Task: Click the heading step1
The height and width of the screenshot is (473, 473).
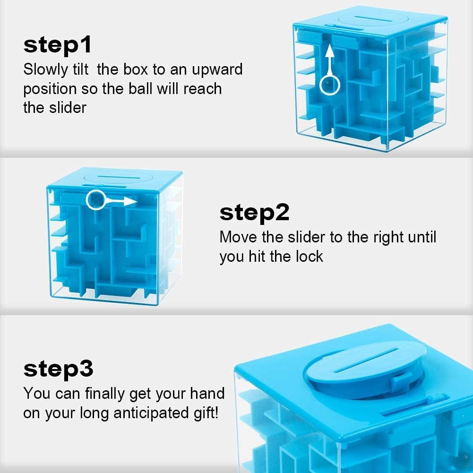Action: [57, 45]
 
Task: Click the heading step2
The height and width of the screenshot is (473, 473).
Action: [254, 213]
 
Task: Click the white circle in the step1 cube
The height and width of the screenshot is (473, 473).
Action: [330, 85]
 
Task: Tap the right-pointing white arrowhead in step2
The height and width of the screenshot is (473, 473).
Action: [133, 202]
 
